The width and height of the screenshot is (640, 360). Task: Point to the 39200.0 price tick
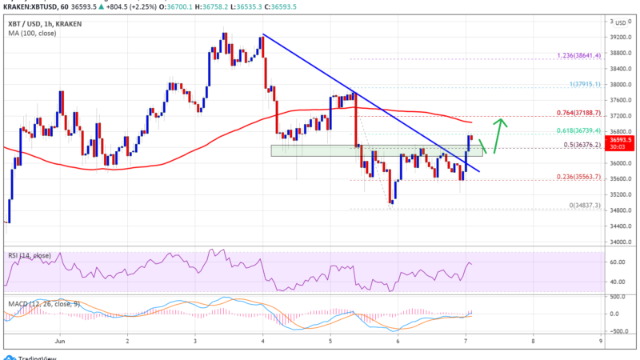click(x=619, y=38)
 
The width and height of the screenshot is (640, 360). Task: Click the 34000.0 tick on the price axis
click(x=619, y=242)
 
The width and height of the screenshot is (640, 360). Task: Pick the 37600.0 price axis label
click(x=619, y=100)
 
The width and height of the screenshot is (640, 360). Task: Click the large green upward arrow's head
click(x=502, y=122)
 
